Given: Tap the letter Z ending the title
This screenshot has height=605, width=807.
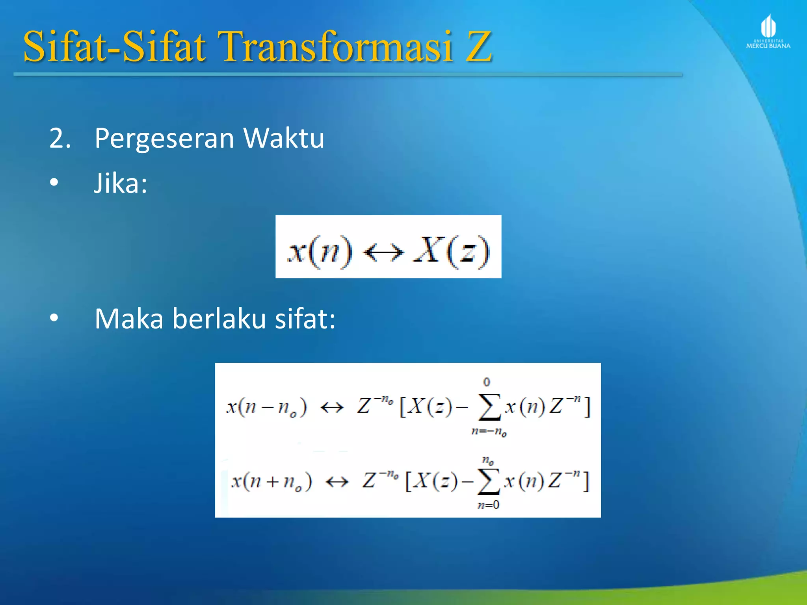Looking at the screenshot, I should (x=478, y=47).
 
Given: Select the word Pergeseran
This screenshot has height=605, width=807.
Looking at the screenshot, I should (x=164, y=139).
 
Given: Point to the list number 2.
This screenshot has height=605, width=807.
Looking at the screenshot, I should (x=59, y=139).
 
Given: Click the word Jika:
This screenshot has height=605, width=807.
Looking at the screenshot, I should (x=121, y=184).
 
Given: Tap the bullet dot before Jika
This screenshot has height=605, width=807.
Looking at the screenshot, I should (x=54, y=182).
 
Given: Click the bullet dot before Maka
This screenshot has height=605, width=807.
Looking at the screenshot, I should (x=54, y=317).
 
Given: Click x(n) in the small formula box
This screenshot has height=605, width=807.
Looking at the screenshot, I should (x=320, y=251).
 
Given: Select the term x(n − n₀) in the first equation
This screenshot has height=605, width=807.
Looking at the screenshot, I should (x=266, y=407).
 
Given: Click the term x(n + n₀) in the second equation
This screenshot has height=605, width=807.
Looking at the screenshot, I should (x=271, y=481).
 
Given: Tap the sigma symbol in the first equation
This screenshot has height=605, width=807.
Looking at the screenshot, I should (x=489, y=407).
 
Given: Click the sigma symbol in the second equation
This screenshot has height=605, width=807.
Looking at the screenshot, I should (x=488, y=481).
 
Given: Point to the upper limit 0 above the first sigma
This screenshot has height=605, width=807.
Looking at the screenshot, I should (x=487, y=382).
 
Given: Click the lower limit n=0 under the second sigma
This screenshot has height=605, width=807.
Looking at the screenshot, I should (x=488, y=505).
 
